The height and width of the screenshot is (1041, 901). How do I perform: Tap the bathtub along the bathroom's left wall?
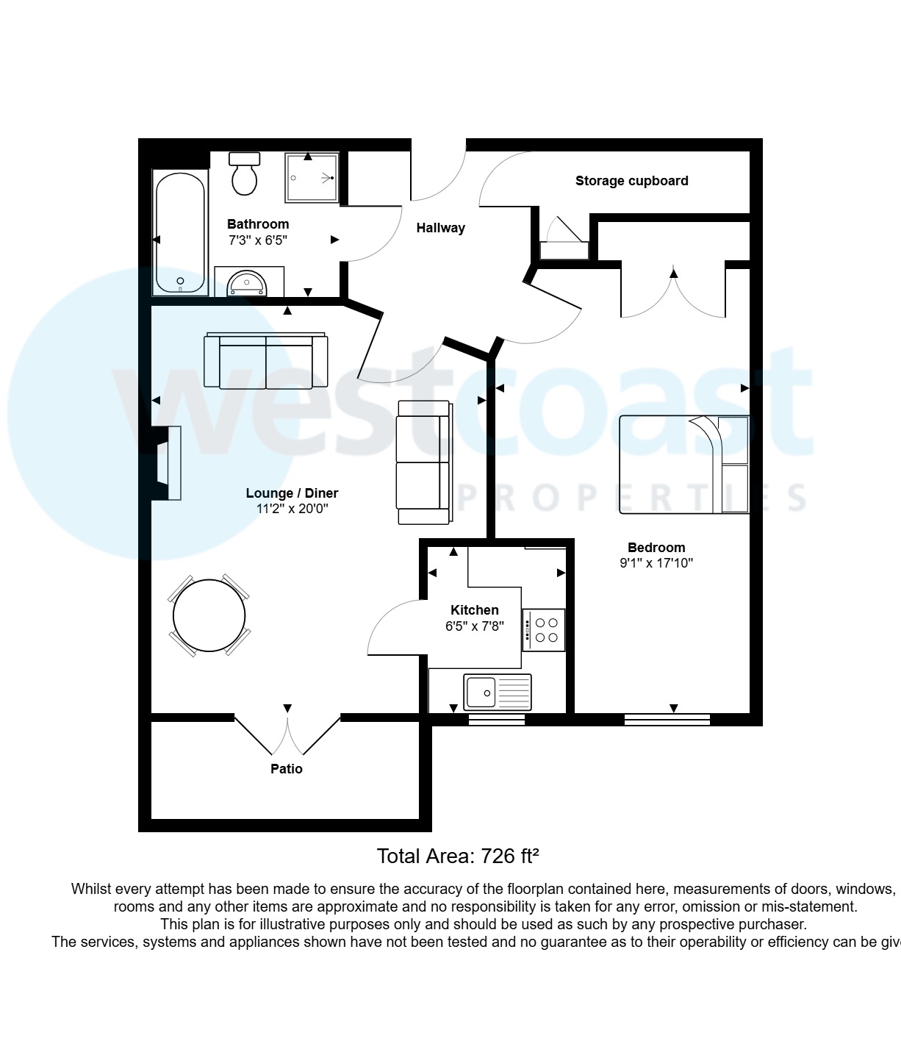179,232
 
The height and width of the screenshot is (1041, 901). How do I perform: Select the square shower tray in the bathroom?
312,177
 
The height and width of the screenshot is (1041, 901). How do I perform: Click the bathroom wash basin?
247,282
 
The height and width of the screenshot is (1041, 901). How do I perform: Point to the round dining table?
209,615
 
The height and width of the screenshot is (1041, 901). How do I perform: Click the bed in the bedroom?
683,464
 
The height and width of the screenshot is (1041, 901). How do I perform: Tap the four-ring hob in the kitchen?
545,630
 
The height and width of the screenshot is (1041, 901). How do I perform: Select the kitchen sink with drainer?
498,692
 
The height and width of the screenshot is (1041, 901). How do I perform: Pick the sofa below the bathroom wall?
266,360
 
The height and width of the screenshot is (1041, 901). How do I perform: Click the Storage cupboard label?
631,181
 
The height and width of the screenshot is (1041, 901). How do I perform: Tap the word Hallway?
440,228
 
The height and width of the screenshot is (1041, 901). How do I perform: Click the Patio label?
287,769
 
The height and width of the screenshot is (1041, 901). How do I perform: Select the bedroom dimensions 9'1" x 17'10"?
656,564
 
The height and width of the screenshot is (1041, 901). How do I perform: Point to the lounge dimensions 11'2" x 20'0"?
292,509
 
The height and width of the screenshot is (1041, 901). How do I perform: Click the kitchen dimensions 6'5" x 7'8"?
474,627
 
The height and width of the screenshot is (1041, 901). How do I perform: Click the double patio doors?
287,734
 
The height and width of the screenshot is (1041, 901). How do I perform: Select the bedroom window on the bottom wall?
667,720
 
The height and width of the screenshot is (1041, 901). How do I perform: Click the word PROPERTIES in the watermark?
632,498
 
